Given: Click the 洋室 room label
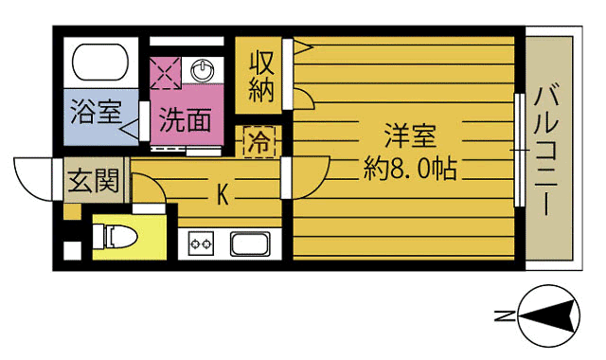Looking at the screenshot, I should tap(410, 135).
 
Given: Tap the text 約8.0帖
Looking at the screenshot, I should tap(410, 170).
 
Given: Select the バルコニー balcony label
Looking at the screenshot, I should tap(548, 149).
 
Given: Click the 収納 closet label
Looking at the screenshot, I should tap(262, 77).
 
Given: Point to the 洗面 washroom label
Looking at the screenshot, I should tap(184, 120).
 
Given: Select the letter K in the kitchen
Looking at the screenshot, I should tap(223, 195).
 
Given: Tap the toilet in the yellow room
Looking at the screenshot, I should tap(119, 237).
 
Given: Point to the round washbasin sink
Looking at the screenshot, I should tap(203, 70).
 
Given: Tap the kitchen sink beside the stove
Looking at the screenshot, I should tap(250, 243).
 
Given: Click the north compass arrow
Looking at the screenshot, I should tap(550, 316).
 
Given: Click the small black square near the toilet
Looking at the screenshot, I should tap(70, 252).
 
